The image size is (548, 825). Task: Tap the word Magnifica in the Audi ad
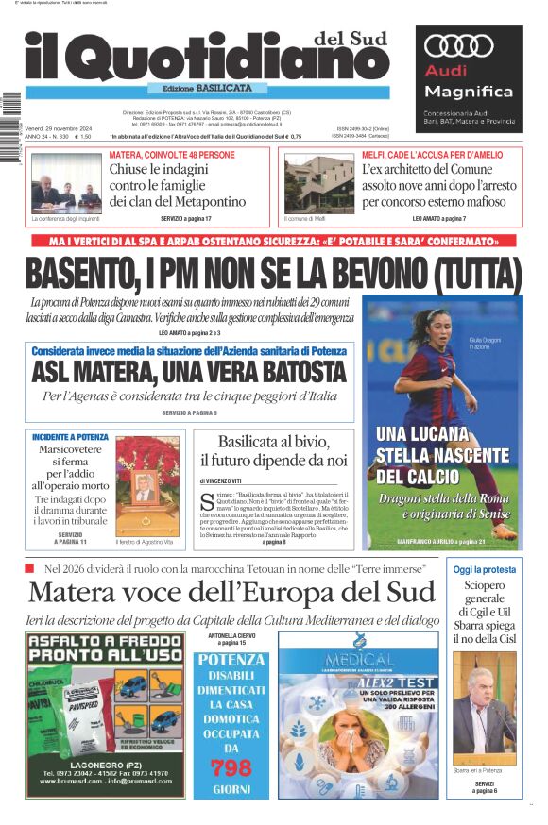click(x=469, y=92)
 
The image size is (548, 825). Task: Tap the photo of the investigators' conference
click(x=65, y=184)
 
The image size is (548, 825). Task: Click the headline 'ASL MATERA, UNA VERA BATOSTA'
click(x=189, y=371)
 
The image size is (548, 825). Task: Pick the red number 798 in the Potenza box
click(x=231, y=766)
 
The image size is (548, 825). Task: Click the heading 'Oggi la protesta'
click(x=485, y=570)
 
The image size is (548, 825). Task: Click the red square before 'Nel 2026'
click(x=30, y=568)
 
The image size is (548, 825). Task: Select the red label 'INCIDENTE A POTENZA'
click(x=70, y=438)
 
